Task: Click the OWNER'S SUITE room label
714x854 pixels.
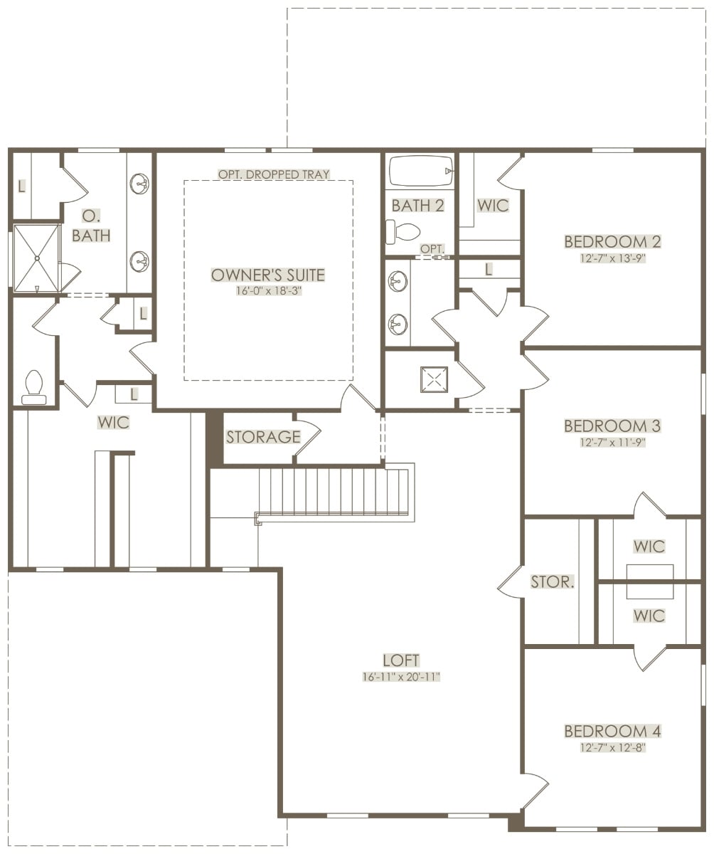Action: click(x=267, y=275)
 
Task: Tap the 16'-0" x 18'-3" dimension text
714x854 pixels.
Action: click(x=269, y=291)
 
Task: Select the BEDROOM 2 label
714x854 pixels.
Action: click(x=612, y=242)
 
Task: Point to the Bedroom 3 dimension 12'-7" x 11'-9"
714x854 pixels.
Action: click(x=612, y=442)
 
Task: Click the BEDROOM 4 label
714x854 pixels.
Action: click(x=612, y=731)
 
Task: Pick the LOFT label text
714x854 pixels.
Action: click(x=401, y=660)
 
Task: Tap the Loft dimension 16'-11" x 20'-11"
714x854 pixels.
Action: click(x=401, y=677)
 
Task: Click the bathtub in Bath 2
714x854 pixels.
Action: click(x=422, y=171)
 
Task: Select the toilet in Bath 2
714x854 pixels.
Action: click(x=403, y=231)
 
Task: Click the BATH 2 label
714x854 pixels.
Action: click(x=417, y=206)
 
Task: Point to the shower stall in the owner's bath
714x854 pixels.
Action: click(x=37, y=258)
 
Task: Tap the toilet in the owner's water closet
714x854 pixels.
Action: click(x=34, y=387)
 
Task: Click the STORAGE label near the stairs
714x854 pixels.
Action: click(x=263, y=437)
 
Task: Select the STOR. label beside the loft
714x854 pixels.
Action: click(x=553, y=581)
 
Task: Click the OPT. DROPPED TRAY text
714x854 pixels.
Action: click(x=274, y=174)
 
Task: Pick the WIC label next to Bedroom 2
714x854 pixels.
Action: click(x=493, y=206)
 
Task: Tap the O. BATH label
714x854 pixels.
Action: click(x=91, y=226)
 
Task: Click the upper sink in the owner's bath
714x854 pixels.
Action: click(x=139, y=183)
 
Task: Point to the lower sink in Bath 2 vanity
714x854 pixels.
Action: click(x=398, y=324)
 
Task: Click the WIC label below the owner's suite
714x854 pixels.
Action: click(x=113, y=422)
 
